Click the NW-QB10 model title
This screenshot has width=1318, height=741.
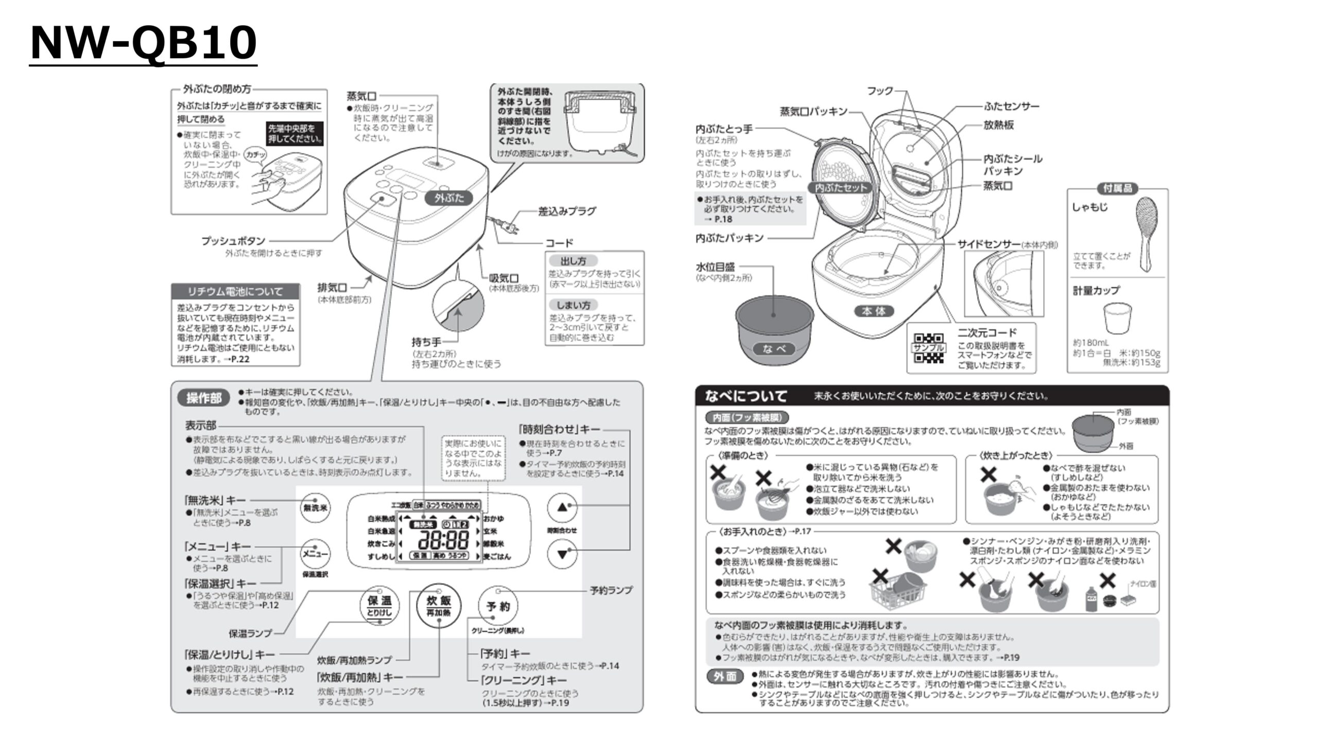coord(143,43)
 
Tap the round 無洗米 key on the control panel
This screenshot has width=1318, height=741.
coord(315,508)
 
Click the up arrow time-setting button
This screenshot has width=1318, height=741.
coord(562,507)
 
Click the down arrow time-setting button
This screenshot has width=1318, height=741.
coord(562,554)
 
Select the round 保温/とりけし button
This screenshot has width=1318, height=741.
coord(379,606)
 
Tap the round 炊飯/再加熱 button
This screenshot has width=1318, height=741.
coord(438,606)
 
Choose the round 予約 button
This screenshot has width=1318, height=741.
coord(498,606)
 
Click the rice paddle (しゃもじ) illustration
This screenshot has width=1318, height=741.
coord(1147,232)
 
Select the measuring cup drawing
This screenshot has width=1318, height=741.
coord(1117,319)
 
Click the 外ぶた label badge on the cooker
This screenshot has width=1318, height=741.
coord(449,198)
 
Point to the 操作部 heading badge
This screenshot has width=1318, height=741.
coord(204,398)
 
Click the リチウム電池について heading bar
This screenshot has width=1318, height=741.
coord(235,291)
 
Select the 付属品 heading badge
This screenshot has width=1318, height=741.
coord(1117,189)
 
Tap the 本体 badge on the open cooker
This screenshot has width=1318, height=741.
coord(874,311)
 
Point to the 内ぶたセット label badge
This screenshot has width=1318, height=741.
coord(841,188)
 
